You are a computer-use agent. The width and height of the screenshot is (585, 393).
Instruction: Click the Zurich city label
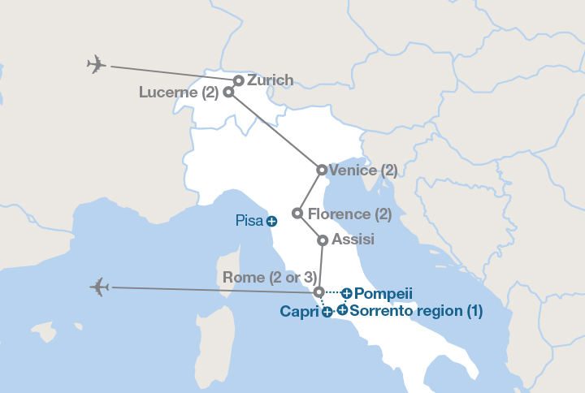[270, 80]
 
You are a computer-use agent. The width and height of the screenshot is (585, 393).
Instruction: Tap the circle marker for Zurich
[239, 80]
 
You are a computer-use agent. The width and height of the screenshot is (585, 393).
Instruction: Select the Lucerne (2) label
[179, 93]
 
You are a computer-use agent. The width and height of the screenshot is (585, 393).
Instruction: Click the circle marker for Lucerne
[228, 92]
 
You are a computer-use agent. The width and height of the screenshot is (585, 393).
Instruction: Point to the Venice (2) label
[363, 171]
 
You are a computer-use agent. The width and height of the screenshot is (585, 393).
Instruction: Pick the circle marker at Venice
[322, 171]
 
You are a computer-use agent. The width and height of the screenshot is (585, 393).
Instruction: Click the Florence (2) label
[350, 214]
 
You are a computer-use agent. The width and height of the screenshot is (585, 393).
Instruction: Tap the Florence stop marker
[297, 214]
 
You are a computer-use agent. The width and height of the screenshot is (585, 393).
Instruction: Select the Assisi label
[353, 240]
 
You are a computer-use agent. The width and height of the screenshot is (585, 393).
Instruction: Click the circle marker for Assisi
[323, 240]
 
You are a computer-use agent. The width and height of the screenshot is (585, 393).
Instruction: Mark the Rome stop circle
[319, 292]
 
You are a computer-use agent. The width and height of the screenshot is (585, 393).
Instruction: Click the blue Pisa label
[249, 220]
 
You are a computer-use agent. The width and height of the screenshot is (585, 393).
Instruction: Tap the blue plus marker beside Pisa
[272, 220]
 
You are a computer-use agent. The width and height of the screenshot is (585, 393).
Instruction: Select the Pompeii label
[384, 293]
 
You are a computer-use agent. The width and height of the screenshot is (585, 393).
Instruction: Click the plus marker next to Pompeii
[347, 293]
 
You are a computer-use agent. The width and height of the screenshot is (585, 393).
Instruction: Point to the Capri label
[299, 311]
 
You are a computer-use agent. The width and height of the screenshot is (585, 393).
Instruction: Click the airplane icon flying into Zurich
[97, 64]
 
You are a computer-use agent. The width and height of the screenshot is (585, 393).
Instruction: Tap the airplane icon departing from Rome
[99, 287]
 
